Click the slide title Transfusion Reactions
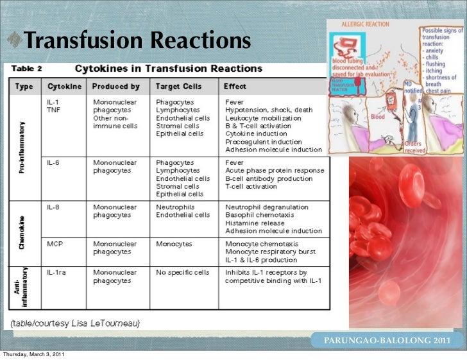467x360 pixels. tap(137, 41)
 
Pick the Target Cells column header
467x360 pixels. tap(178, 86)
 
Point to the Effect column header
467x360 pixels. tap(235, 86)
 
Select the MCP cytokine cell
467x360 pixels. tap(55, 244)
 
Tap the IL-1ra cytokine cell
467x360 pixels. tap(57, 273)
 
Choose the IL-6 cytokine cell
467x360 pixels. tap(55, 163)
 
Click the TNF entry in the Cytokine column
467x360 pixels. tap(55, 110)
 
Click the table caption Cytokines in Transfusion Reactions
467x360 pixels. tap(169, 68)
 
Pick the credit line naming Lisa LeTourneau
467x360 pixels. tap(74, 322)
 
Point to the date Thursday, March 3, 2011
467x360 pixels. tap(33, 355)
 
